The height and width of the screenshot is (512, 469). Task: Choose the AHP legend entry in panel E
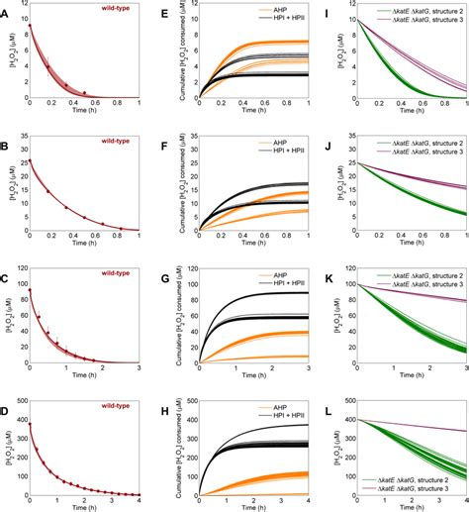point(252,13)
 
